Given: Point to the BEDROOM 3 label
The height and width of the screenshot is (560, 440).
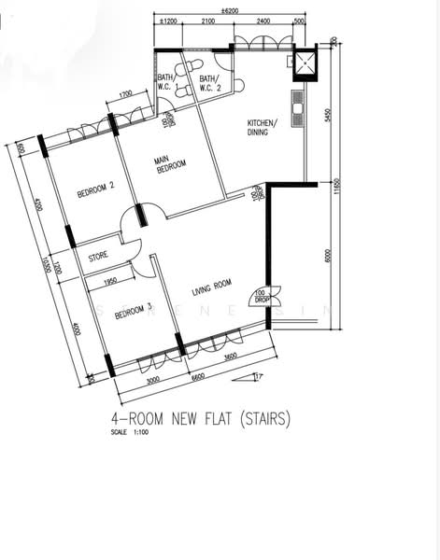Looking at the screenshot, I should (x=133, y=315).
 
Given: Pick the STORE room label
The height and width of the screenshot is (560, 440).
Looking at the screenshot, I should (x=99, y=255).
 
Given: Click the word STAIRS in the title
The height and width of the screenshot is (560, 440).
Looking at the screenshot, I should (x=261, y=420).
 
